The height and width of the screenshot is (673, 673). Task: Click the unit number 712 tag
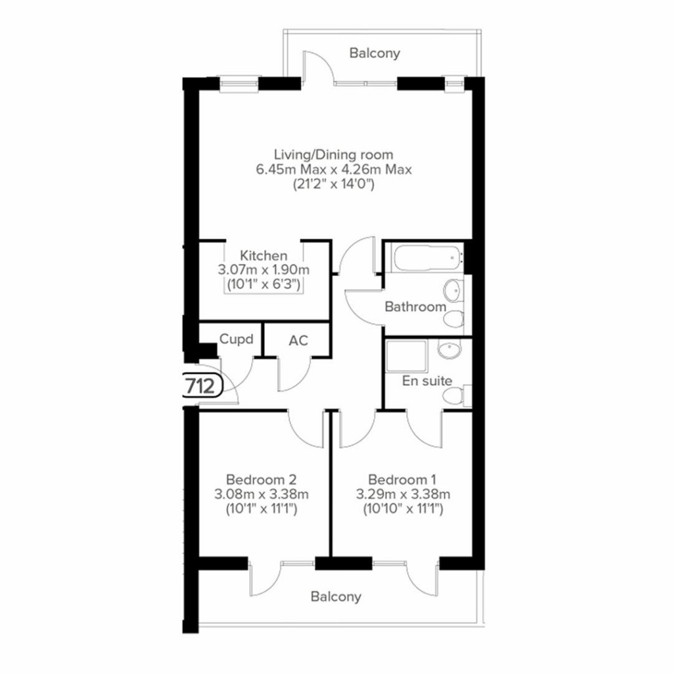[201, 386]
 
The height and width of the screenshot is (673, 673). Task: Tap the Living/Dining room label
[334, 155]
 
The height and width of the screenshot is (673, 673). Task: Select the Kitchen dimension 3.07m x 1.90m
[263, 270]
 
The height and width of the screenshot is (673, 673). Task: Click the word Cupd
[236, 340]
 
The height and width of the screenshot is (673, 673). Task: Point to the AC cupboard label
[298, 340]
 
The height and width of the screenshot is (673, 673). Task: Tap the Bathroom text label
[415, 306]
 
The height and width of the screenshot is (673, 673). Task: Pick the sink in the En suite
[450, 350]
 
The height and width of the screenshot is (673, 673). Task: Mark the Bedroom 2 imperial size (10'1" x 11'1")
[263, 508]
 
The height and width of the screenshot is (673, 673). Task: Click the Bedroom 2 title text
[263, 479]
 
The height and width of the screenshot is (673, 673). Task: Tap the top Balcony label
[374, 53]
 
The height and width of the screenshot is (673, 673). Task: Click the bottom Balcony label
[336, 597]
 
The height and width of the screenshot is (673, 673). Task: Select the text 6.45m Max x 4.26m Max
[334, 170]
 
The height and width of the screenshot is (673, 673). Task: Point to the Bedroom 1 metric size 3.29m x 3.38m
[402, 494]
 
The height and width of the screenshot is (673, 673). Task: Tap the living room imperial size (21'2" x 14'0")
[334, 185]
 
